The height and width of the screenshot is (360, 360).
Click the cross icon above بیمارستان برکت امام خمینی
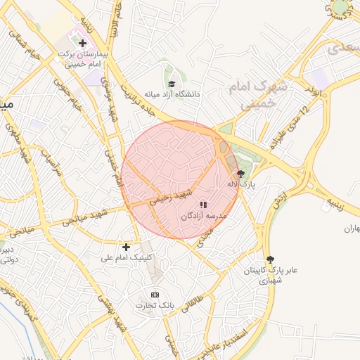(x=82, y=44)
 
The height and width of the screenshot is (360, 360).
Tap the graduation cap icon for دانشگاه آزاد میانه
(x=171, y=84)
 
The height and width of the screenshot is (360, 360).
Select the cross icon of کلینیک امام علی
(x=126, y=247)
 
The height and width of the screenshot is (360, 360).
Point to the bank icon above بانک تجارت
(x=155, y=295)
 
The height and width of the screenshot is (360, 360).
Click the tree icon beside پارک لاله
(x=241, y=173)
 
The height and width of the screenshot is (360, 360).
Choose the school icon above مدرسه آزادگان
(x=203, y=205)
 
